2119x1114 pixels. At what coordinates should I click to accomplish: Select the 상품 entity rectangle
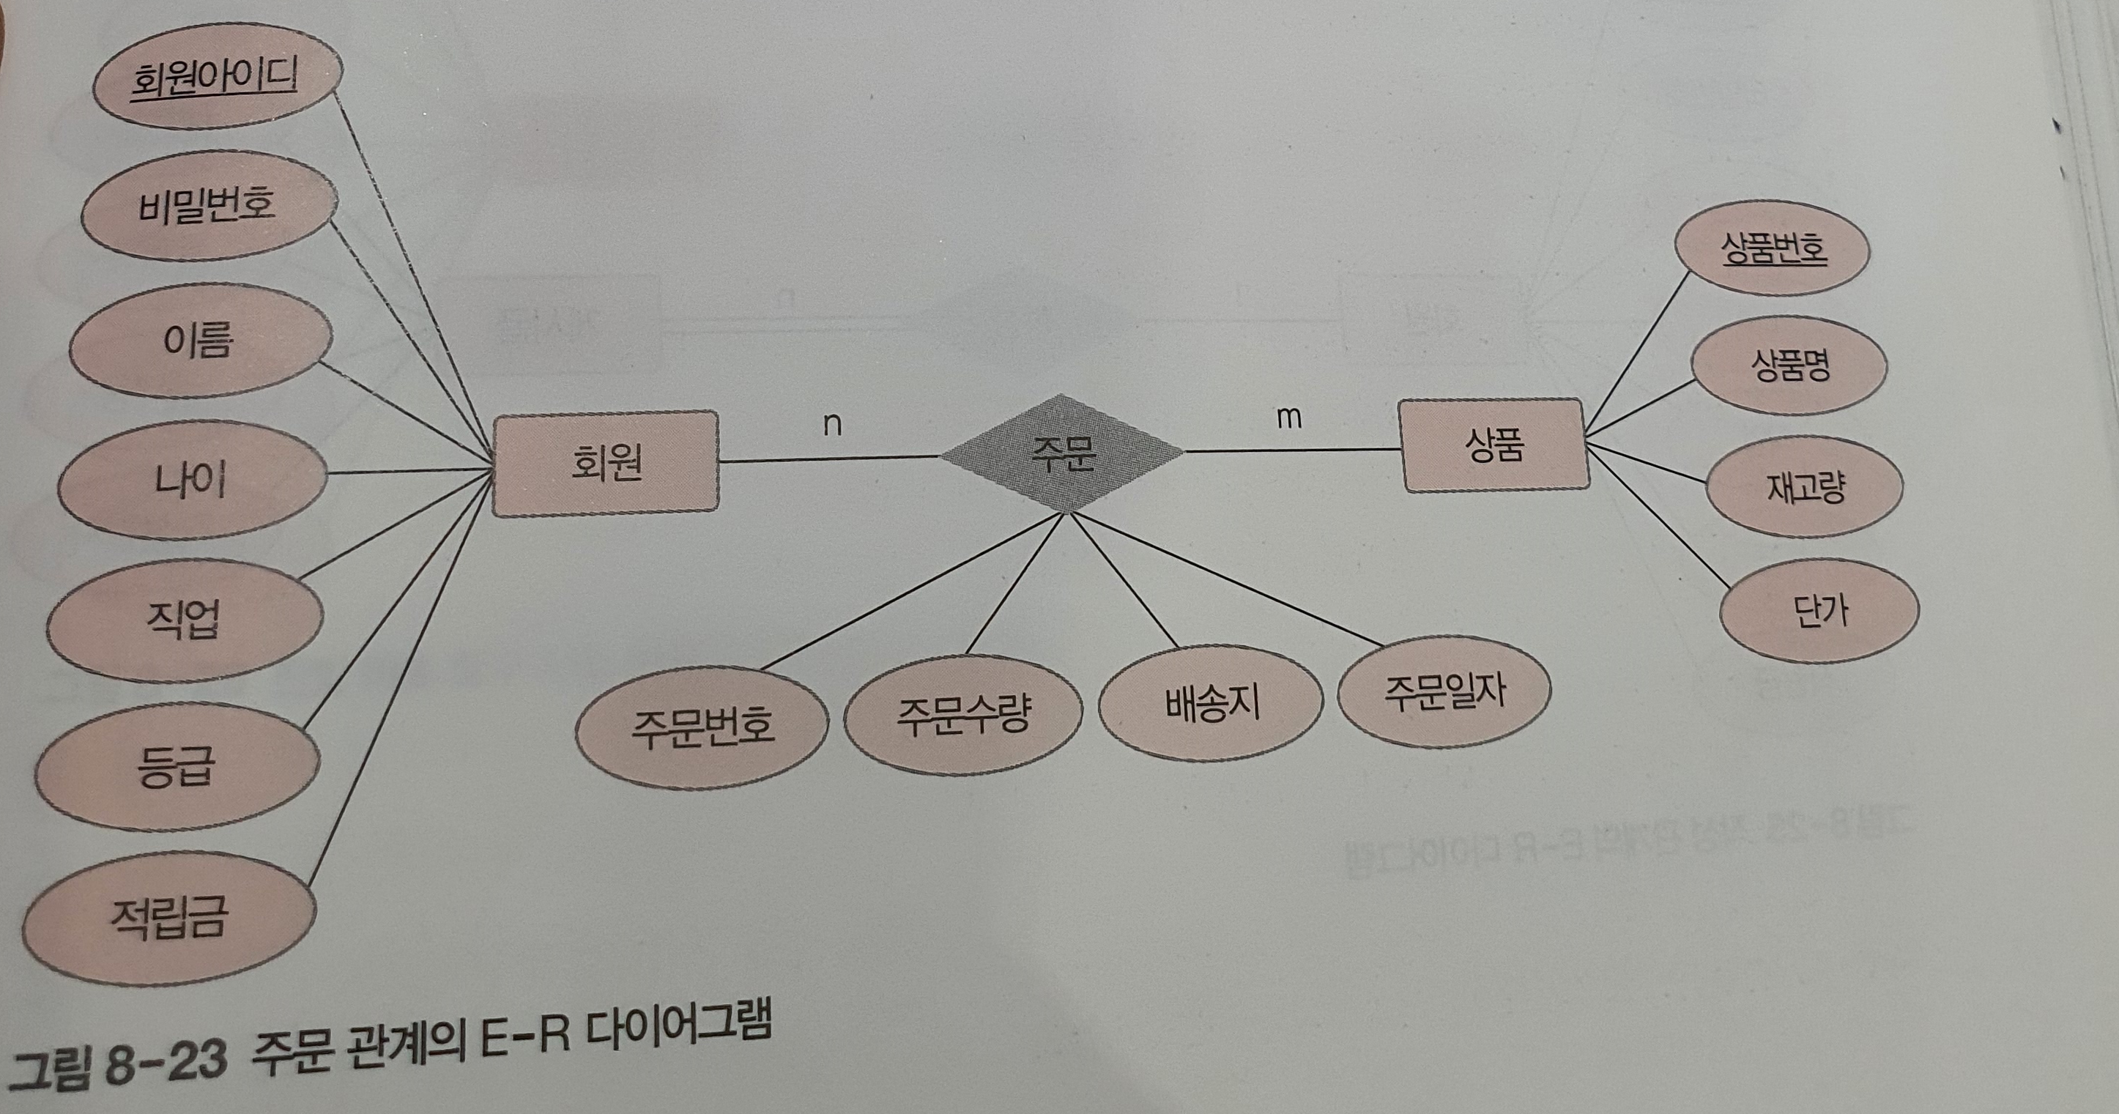click(x=1493, y=445)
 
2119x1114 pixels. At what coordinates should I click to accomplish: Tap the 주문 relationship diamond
click(x=1063, y=453)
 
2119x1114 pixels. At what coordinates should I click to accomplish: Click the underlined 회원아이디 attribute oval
click(x=215, y=80)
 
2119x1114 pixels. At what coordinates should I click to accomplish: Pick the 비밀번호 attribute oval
click(x=209, y=206)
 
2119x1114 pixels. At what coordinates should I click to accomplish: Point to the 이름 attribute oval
click(x=200, y=341)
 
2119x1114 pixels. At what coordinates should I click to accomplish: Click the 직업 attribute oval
click(x=185, y=621)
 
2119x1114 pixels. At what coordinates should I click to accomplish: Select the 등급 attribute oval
click(x=176, y=766)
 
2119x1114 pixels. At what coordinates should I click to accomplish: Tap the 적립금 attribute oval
click(x=168, y=918)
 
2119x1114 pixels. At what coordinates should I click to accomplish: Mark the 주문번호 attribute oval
click(x=702, y=727)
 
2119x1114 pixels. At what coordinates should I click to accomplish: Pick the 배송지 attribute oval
click(x=1211, y=705)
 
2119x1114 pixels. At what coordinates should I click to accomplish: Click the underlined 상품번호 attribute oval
click(x=1773, y=248)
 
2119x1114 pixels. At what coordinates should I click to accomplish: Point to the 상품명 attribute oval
click(x=1789, y=366)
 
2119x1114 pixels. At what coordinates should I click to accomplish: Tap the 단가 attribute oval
click(x=1819, y=611)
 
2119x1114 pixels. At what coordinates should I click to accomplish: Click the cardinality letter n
click(x=833, y=425)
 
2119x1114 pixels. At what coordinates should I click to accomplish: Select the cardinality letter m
click(x=1288, y=418)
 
